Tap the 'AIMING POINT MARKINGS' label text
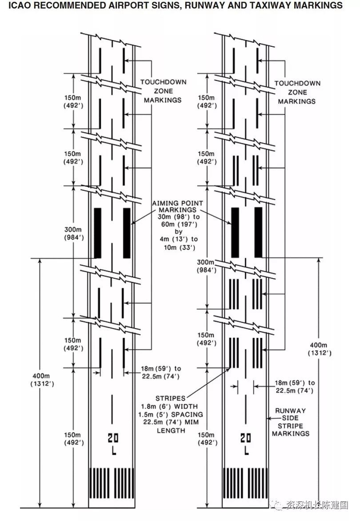pos(177,206)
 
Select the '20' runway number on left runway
pos(113,438)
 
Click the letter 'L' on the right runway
pos(246,451)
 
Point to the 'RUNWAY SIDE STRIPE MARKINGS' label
pos(291,422)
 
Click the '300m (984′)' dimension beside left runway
pos(74,233)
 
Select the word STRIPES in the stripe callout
pos(170,398)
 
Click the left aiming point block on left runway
pos(98,233)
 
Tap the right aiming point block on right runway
pos(258,232)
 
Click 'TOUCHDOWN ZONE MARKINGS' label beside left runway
pos(163,91)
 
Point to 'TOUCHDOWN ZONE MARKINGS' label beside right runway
pos(297,92)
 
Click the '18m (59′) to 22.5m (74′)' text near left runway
pos(161,372)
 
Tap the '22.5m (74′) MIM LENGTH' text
pos(171,426)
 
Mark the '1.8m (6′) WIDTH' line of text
pos(169,406)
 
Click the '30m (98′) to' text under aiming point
pos(178,217)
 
